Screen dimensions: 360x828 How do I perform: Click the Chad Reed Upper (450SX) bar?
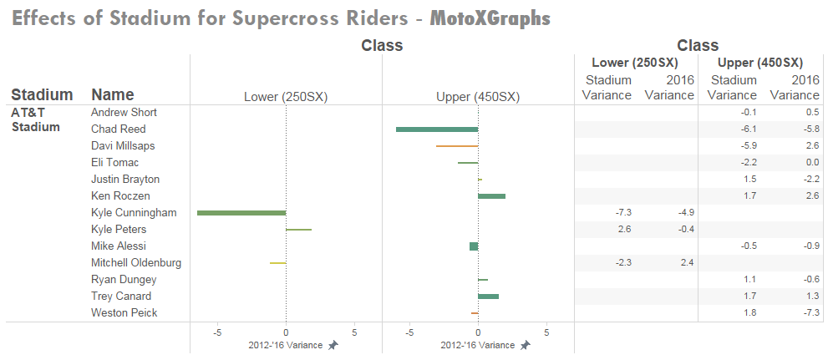[x=436, y=129]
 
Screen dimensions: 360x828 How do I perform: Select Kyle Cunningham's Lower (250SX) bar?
[x=241, y=213]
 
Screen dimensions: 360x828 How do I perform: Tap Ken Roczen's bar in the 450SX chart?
[x=491, y=196]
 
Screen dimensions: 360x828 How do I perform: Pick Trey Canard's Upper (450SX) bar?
[x=488, y=297]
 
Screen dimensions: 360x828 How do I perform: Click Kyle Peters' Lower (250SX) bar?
[x=298, y=230]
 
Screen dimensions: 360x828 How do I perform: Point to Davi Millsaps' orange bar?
[x=456, y=146]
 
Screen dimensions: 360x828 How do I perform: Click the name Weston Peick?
[x=124, y=313]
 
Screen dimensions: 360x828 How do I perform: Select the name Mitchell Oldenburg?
[x=135, y=263]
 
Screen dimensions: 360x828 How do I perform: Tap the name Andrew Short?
[x=124, y=113]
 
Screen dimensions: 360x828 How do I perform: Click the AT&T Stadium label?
[x=35, y=119]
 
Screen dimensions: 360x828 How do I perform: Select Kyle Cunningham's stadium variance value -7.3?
[x=622, y=213]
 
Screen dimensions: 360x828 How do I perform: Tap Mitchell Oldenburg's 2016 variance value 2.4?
[x=686, y=263]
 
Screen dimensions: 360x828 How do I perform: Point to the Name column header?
[x=112, y=94]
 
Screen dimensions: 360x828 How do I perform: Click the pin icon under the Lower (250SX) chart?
[x=333, y=346]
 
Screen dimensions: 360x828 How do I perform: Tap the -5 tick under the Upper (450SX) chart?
[x=409, y=331]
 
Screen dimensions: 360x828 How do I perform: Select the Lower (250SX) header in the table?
[x=634, y=63]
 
